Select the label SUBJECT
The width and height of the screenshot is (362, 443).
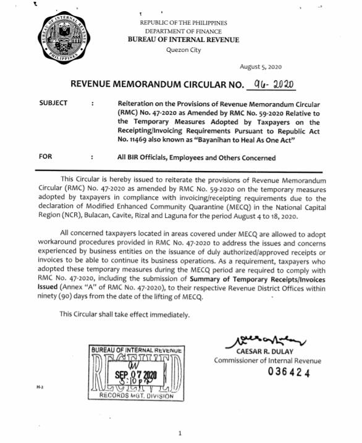tap(53, 103)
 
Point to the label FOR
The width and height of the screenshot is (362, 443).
tap(45, 157)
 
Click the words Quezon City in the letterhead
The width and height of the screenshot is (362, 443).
tap(183, 50)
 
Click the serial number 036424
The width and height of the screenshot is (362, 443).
tap(288, 373)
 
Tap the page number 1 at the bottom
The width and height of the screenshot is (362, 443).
tap(179, 434)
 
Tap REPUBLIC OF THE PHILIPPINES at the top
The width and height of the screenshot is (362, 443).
tap(183, 23)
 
